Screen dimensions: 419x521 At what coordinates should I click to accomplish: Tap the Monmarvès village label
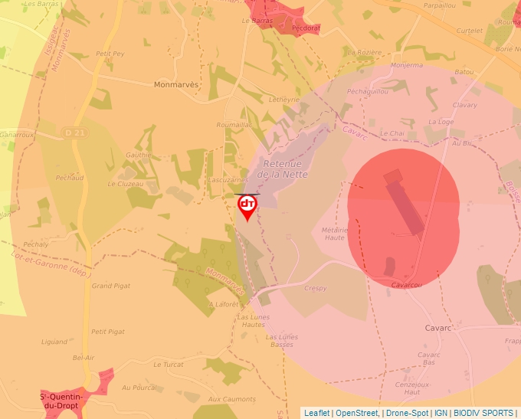[x=176, y=84]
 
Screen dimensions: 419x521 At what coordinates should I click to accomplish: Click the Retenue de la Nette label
[x=283, y=169]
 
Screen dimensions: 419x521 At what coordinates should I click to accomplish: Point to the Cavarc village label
[x=438, y=328]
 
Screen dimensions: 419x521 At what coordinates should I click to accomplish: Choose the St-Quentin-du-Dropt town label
[x=64, y=401]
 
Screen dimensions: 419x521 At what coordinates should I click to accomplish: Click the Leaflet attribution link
[x=316, y=413]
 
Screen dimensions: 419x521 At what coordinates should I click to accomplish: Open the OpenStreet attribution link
[x=357, y=413]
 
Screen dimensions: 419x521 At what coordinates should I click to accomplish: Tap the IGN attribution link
[x=441, y=413]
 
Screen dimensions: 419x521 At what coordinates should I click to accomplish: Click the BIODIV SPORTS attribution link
[x=483, y=413]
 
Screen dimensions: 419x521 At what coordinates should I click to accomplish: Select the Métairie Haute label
[x=334, y=233]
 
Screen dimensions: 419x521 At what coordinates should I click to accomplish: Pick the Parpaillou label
[x=439, y=5]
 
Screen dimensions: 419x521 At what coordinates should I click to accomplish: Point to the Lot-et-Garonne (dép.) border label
[x=48, y=261]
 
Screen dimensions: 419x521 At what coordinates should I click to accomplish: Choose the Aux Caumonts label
[x=232, y=399]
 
